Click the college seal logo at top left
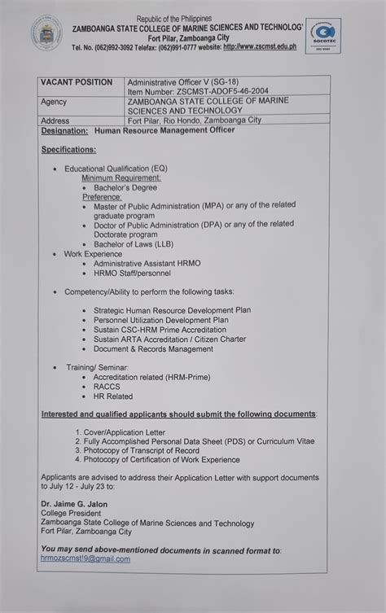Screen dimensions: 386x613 tap(46, 34)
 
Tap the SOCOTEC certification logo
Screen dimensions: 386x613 tap(322, 37)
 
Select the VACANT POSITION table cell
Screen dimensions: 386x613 tap(77, 82)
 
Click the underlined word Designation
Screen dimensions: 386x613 tap(64, 130)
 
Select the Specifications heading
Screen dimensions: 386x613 tap(68, 150)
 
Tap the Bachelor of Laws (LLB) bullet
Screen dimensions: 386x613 tap(133, 243)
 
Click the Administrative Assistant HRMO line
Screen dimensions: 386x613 tap(147, 264)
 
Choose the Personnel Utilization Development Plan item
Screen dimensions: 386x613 tap(160, 320)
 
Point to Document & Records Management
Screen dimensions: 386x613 tap(153, 348)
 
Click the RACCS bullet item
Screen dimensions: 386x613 tap(107, 387)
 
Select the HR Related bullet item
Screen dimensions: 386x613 tap(112, 396)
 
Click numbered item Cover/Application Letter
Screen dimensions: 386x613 tap(124, 432)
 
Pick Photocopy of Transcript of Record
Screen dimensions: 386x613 tap(141, 450)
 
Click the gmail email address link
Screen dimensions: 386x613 tap(85, 558)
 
